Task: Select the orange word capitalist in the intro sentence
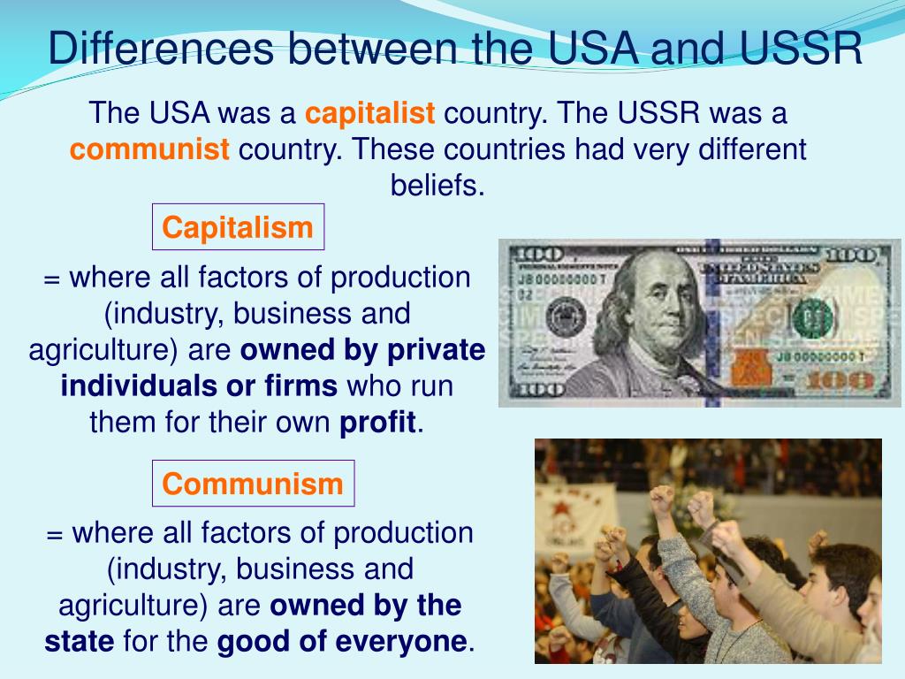pos(370,114)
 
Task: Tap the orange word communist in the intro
pos(149,149)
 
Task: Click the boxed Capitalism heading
pos(238,228)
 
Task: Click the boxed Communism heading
pos(253,484)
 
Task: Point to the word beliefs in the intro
pos(438,186)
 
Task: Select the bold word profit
pos(377,423)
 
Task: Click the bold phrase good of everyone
pos(341,641)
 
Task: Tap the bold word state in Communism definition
pos(79,641)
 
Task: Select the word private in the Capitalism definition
pos(437,351)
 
